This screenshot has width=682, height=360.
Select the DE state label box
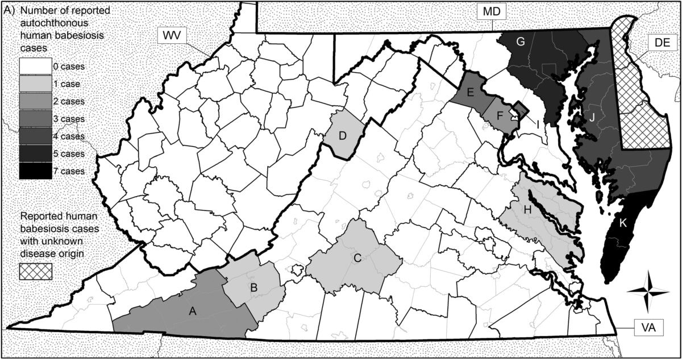tap(662, 43)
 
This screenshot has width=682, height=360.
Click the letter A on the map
tap(192, 311)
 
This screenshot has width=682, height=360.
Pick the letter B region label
tap(254, 287)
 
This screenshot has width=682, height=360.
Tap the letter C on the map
tap(357, 258)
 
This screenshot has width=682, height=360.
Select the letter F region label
tap(500, 115)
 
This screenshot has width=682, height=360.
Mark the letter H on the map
tap(527, 210)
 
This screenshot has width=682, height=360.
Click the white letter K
tap(623, 223)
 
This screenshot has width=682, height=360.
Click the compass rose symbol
tap(648, 291)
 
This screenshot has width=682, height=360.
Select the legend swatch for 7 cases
tap(36, 171)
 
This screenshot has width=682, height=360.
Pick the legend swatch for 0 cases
tap(36, 67)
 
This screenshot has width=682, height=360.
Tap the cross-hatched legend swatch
tap(36, 271)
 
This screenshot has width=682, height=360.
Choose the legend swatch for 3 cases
tap(36, 119)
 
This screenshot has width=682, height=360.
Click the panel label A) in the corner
tap(10, 10)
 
